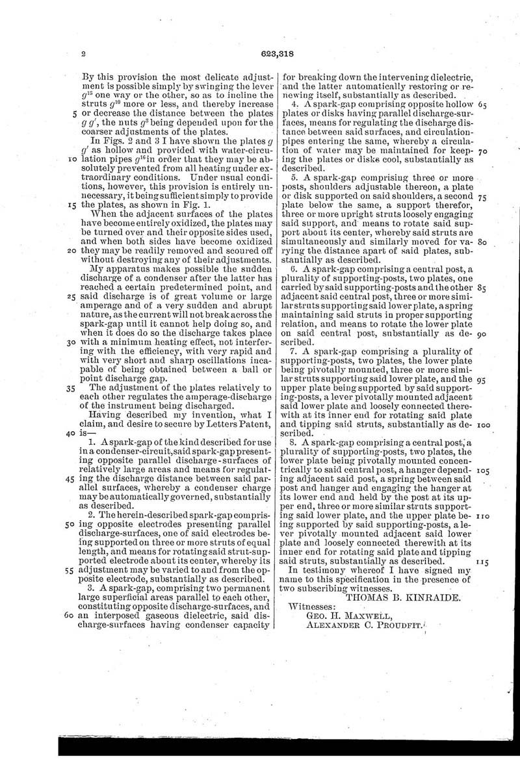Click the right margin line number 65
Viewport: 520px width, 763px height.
[x=482, y=105]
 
